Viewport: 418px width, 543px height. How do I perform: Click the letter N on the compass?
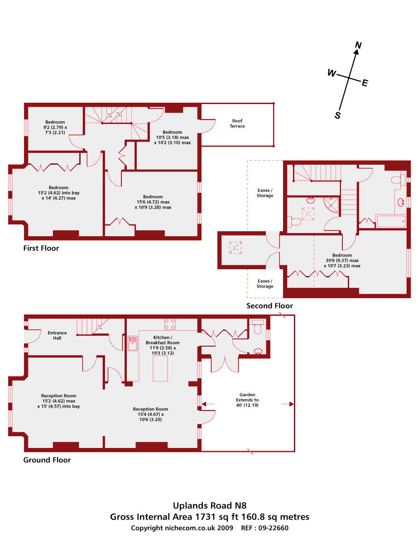tap(358, 45)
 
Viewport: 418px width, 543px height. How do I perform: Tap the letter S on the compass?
tap(337, 115)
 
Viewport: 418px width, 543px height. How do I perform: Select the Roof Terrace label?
tap(237, 123)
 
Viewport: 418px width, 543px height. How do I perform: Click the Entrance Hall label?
tap(57, 335)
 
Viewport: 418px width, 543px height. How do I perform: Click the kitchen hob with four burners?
tap(170, 324)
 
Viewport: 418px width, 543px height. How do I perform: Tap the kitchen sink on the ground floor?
tap(133, 343)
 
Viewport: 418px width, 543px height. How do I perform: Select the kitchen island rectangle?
tap(160, 368)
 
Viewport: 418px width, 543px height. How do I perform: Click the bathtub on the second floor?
tap(390, 221)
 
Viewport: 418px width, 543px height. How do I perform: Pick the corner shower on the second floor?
tap(331, 205)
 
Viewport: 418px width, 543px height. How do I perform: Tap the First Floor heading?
tap(41, 248)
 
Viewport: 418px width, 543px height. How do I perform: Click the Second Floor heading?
tap(269, 305)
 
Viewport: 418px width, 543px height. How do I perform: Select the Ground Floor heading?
tap(47, 460)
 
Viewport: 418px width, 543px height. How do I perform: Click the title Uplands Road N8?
tap(210, 505)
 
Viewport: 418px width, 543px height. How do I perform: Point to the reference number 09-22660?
tap(273, 528)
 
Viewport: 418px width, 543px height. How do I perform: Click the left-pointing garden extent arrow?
tap(208, 404)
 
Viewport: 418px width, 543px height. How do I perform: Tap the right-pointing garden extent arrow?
tap(288, 404)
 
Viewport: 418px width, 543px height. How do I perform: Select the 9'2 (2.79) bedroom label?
tap(55, 127)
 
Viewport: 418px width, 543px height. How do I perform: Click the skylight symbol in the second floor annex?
tap(235, 248)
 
